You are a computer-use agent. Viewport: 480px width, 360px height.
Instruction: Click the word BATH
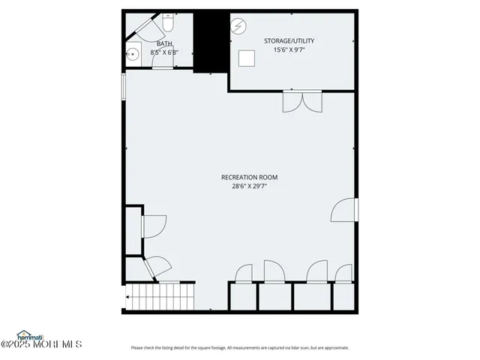163,44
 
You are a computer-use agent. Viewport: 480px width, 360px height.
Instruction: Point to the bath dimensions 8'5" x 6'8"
163,52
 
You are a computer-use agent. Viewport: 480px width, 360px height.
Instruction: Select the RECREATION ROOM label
249,178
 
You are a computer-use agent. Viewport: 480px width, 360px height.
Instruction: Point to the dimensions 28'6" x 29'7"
249,187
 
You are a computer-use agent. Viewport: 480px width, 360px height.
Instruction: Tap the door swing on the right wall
346,210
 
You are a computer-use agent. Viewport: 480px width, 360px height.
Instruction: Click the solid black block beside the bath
211,41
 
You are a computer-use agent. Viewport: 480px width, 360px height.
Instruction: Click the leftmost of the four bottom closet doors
244,274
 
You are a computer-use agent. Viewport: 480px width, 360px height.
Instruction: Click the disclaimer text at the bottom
240,347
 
